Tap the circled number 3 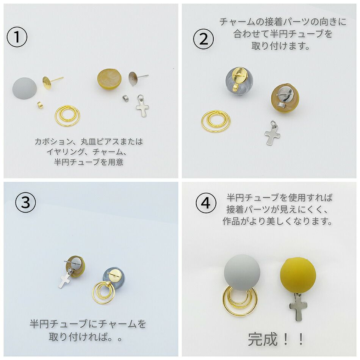point(25,203)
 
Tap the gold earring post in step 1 point(49,81)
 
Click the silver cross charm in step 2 point(272,134)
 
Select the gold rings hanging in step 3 point(104,293)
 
